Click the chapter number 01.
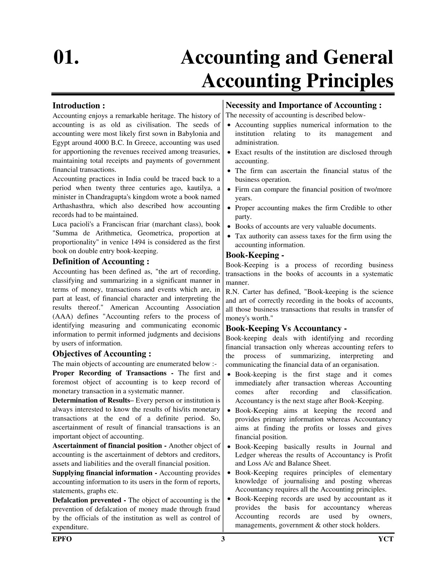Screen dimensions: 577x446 pyautogui.click(x=66, y=58)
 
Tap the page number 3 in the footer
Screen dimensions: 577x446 pyautogui.click(x=223, y=539)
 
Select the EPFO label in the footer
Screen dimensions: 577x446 pyautogui.click(x=62, y=539)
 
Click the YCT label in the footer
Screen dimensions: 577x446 pyautogui.click(x=386, y=539)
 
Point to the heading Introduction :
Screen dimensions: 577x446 pyautogui.click(x=79, y=106)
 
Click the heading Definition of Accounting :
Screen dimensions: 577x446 pyautogui.click(x=101, y=262)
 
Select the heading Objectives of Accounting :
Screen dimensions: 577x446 pyautogui.click(x=102, y=354)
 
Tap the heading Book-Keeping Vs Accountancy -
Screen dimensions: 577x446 pyautogui.click(x=286, y=329)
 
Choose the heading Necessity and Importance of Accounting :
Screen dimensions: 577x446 pyautogui.click(x=304, y=105)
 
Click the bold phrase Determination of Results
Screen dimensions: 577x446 pyautogui.click(x=91, y=400)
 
